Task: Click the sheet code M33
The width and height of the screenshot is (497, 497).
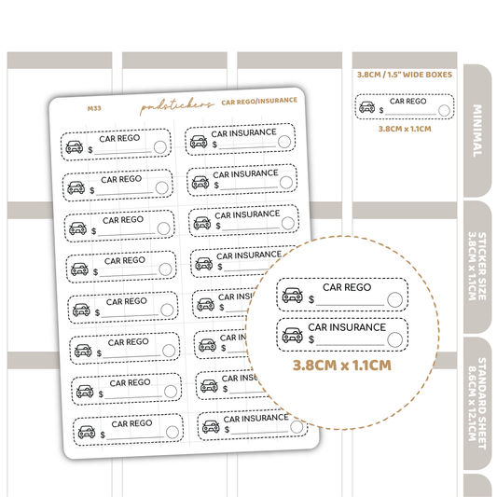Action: click(x=94, y=108)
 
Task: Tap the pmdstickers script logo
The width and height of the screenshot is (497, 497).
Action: click(x=177, y=105)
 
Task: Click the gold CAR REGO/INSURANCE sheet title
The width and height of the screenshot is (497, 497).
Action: click(x=259, y=101)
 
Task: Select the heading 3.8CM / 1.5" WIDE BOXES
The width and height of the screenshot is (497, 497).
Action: click(x=405, y=75)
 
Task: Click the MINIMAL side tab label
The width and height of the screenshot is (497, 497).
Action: click(x=477, y=131)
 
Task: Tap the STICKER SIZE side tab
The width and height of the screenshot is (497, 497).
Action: click(x=477, y=267)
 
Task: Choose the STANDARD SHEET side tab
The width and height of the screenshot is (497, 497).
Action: click(x=477, y=403)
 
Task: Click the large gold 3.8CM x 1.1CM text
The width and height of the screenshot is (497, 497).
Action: click(x=341, y=366)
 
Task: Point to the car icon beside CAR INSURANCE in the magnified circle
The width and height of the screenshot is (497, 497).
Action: click(x=292, y=335)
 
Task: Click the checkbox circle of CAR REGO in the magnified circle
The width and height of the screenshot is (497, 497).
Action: click(x=395, y=299)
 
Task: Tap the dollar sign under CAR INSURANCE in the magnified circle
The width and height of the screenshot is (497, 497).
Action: click(x=311, y=339)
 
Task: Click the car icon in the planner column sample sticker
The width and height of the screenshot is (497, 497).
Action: click(x=367, y=107)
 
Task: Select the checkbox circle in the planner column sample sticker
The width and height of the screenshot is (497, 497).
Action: click(x=444, y=111)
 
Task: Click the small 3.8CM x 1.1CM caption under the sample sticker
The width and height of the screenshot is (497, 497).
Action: click(x=405, y=129)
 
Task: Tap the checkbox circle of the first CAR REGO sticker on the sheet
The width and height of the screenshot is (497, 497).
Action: click(x=160, y=147)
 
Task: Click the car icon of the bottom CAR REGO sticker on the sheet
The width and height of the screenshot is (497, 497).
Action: click(x=87, y=432)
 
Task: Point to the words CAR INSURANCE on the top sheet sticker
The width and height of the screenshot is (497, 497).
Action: click(x=243, y=132)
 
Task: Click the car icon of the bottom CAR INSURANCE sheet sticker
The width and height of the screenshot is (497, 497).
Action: click(x=211, y=427)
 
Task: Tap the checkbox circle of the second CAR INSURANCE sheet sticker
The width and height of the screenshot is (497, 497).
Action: click(x=286, y=183)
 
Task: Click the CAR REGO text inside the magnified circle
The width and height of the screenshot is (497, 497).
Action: click(x=347, y=287)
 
